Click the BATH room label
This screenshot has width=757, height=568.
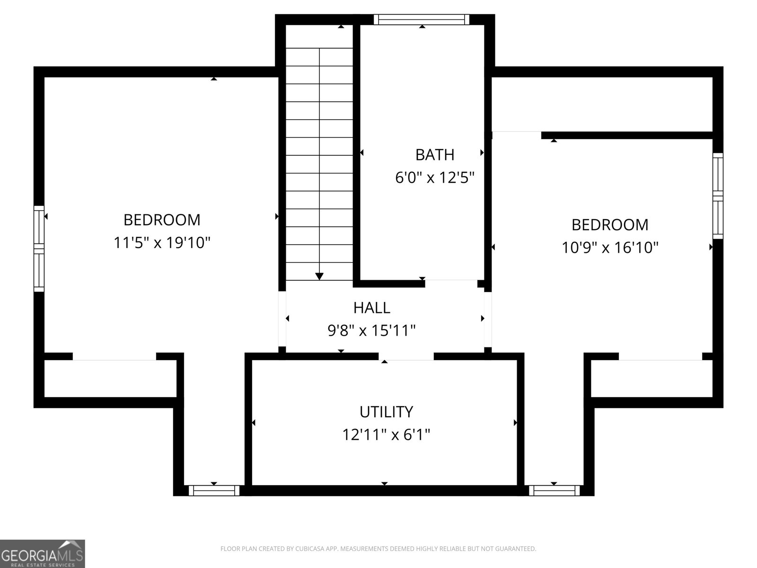[434, 155]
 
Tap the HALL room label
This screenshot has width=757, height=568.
[372, 308]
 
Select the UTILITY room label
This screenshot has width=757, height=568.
[386, 412]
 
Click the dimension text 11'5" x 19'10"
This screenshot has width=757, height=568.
[162, 243]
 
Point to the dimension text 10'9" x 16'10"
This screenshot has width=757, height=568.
[610, 247]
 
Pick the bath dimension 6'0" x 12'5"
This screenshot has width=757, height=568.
[434, 178]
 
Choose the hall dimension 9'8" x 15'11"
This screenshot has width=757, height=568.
[372, 330]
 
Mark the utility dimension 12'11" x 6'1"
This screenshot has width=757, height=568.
[386, 435]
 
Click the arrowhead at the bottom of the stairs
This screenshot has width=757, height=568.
[319, 276]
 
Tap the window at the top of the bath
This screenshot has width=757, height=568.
[421, 19]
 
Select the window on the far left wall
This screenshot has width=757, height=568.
[39, 248]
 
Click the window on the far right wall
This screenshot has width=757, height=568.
[718, 195]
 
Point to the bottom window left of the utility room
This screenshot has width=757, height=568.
[214, 490]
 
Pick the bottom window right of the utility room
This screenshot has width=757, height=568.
[554, 490]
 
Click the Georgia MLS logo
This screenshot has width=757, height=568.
[43, 554]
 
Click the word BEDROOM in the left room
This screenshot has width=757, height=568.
[162, 220]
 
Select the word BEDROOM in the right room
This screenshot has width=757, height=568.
[610, 224]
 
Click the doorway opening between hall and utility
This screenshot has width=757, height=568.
[406, 356]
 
